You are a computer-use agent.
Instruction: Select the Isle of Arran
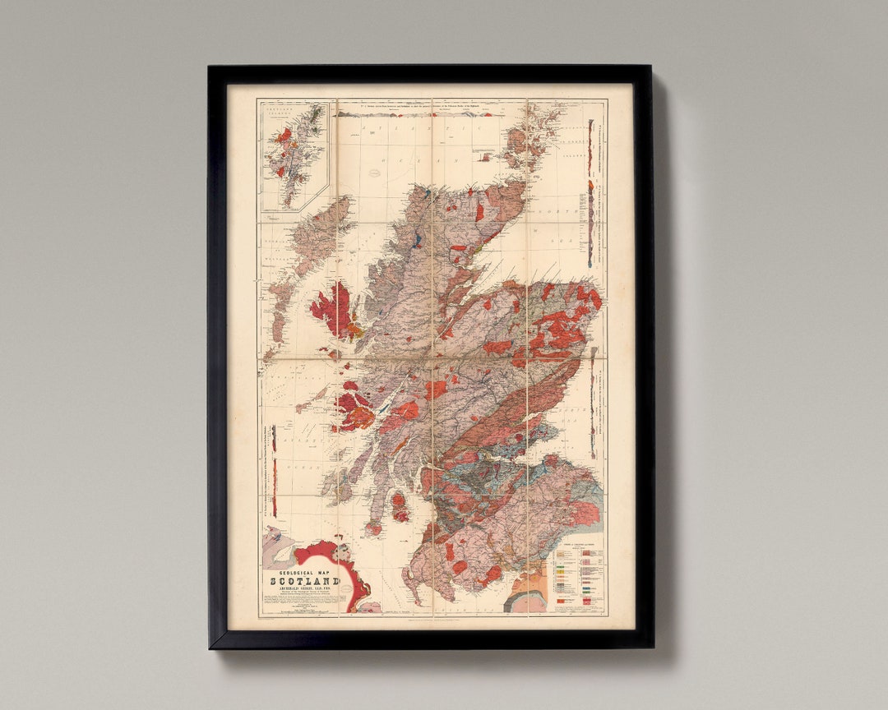[x=399, y=506]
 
